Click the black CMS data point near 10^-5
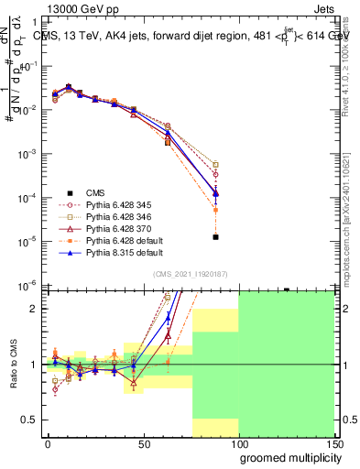pos(215,236)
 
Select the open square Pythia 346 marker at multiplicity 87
pos(215,165)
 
